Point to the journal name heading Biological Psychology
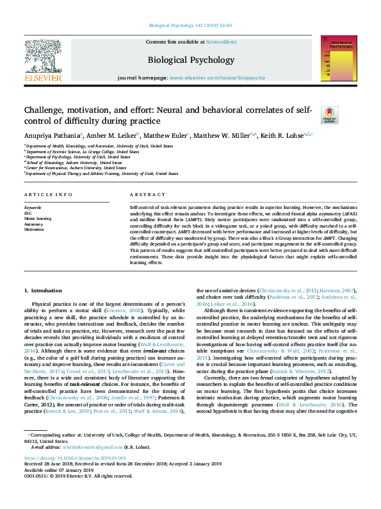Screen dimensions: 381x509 (191, 60)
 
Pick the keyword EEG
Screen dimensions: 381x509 (29, 213)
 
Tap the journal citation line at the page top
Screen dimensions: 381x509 (190, 25)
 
